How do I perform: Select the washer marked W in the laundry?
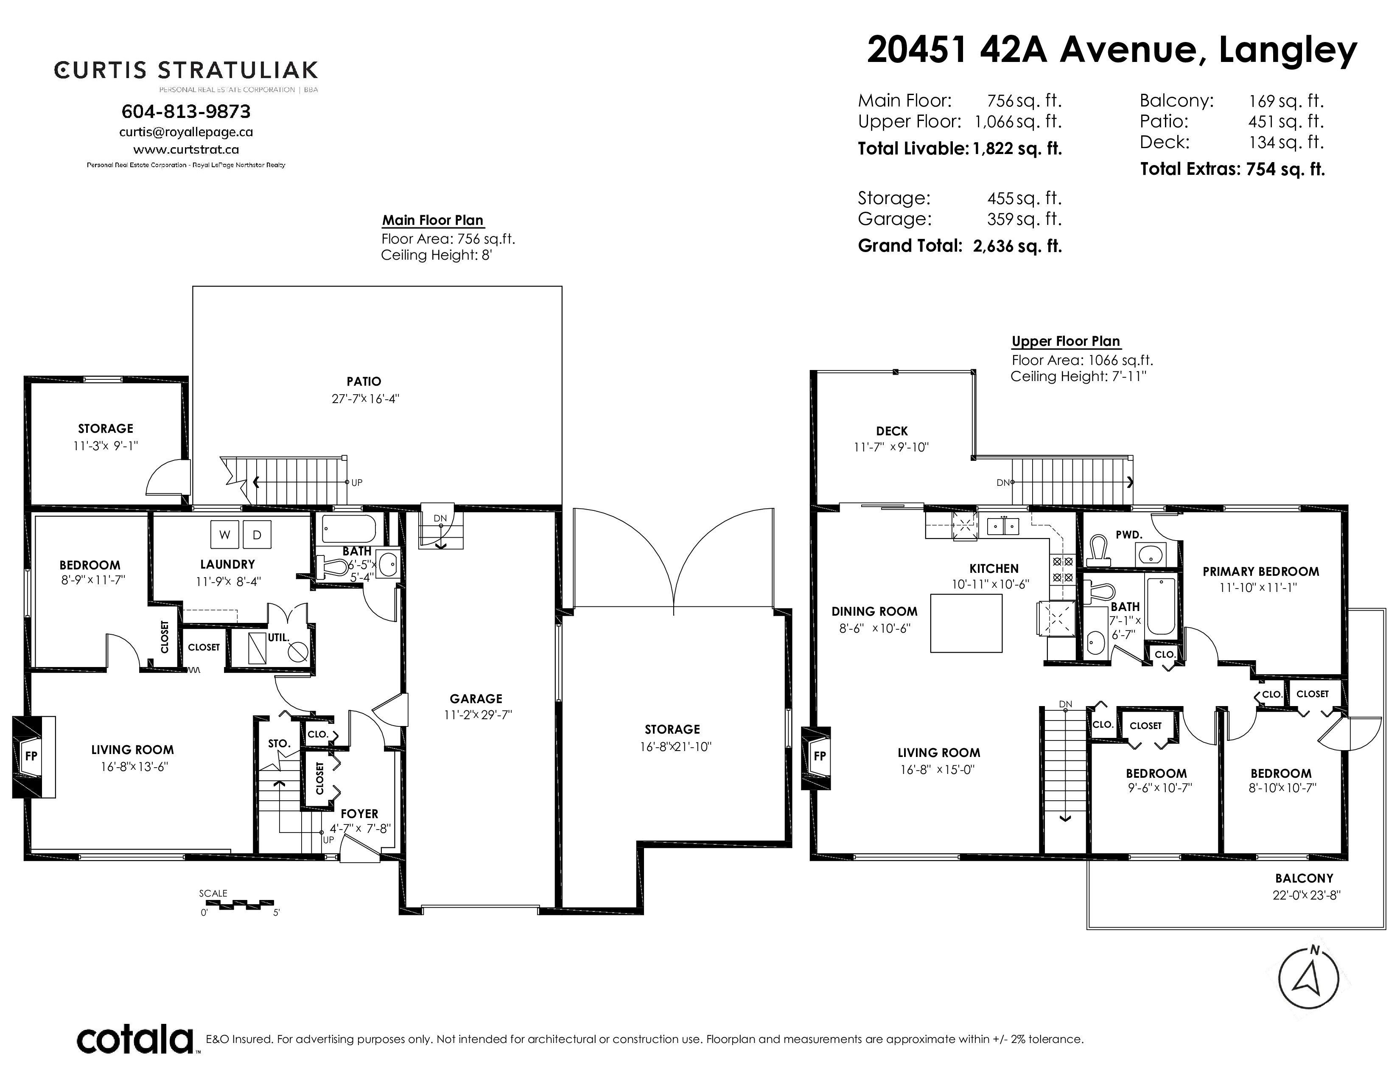click(x=224, y=535)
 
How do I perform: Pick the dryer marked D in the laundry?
click(x=257, y=535)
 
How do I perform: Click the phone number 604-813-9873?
click(x=186, y=112)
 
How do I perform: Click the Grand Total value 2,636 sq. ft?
click(x=1017, y=246)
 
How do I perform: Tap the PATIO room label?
click(x=364, y=381)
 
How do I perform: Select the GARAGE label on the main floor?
click(x=476, y=699)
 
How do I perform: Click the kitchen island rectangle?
click(x=966, y=623)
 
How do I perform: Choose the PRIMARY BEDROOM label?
click(x=1261, y=571)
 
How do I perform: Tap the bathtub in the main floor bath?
click(x=349, y=530)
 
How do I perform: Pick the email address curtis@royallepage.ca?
click(x=186, y=132)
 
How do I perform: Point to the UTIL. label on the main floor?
click(x=279, y=638)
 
